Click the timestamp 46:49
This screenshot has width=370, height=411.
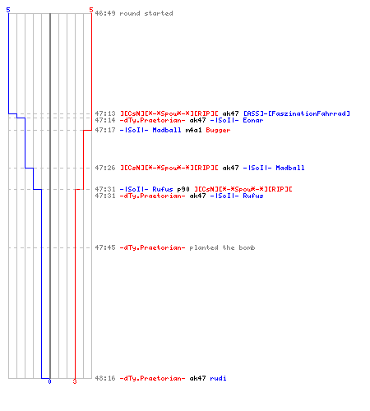pos(105,13)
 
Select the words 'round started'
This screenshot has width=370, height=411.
pos(146,13)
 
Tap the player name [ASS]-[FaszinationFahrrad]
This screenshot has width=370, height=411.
pos(297,113)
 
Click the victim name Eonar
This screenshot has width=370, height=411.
pos(253,120)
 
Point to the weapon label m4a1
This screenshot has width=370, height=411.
pos(193,130)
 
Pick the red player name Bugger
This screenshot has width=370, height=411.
pos(218,130)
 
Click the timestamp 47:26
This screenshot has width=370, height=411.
pos(105,168)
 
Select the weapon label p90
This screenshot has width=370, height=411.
pos(183,189)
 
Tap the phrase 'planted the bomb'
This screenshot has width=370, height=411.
pos(222,247)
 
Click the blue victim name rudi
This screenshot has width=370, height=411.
pos(218,378)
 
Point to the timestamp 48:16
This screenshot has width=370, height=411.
pos(105,378)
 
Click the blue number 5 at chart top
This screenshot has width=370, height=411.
pos(8,10)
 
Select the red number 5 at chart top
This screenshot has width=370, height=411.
pos(91,10)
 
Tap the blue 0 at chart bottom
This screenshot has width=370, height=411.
pos(49,381)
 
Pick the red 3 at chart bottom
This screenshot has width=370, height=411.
pos(75,381)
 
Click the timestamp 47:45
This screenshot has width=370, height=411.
pos(105,247)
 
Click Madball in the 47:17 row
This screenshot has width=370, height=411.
pos(167,130)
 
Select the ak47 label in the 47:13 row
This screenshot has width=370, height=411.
pos(230,113)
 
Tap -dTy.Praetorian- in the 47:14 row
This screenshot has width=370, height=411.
pos(152,120)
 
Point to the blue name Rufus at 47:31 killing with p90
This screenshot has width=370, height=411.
pos(163,189)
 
